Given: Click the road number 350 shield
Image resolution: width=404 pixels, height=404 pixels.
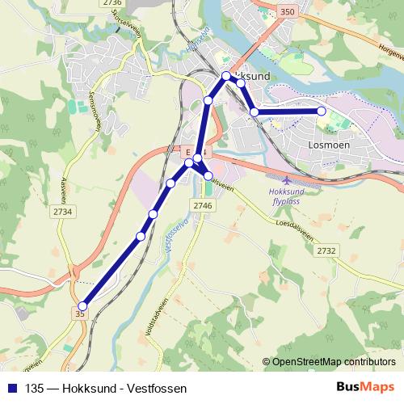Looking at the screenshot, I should pyautogui.click(x=285, y=12).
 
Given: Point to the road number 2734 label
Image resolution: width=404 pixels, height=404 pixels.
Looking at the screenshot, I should pyautogui.click(x=61, y=212).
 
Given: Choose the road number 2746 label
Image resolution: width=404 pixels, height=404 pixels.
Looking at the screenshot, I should pyautogui.click(x=202, y=207).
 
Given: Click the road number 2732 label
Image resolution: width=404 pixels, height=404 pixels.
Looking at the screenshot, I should pyautogui.click(x=326, y=251).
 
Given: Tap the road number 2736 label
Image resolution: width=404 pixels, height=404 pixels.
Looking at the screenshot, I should pyautogui.click(x=112, y=3).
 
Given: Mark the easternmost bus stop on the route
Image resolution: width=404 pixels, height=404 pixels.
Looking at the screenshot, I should pyautogui.click(x=322, y=111).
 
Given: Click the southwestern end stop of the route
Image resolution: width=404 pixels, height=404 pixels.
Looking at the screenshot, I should pyautogui.click(x=82, y=305).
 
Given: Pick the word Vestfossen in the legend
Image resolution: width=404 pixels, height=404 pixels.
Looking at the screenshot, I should pyautogui.click(x=158, y=387).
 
